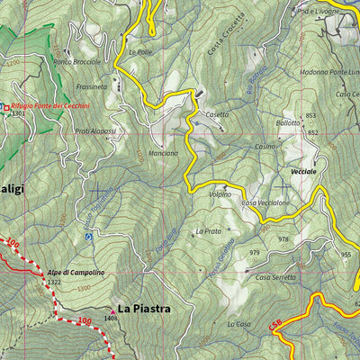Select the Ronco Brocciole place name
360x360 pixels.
tap(77, 62)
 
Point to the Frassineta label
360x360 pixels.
tap(92, 87)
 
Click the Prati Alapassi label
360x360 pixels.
tap(95, 131)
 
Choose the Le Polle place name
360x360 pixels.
tap(140, 52)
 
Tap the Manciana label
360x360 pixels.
tap(163, 153)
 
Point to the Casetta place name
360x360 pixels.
tap(216, 115)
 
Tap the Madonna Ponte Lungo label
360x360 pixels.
tap(322, 72)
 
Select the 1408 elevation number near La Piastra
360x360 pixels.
tap(111, 318)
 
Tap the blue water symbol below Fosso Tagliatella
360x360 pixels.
tap(88, 237)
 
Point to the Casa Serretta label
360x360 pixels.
tap(275, 277)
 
